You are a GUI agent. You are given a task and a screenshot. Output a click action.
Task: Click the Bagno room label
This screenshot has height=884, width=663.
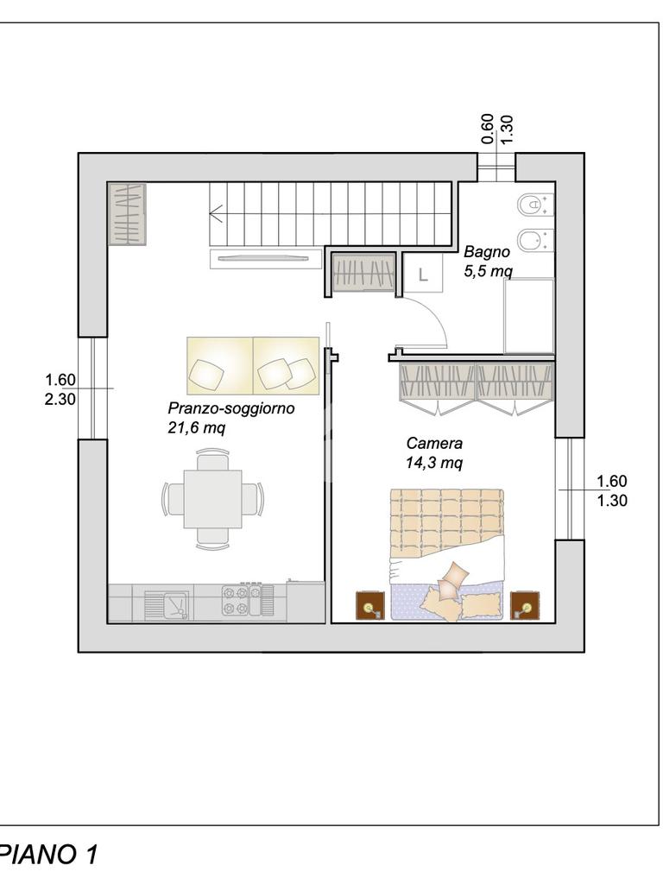pyautogui.click(x=487, y=252)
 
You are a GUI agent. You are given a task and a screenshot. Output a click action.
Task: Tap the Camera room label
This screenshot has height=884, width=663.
pyautogui.click(x=434, y=443)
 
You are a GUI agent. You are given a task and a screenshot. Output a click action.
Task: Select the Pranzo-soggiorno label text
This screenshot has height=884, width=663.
pyautogui.click(x=231, y=407)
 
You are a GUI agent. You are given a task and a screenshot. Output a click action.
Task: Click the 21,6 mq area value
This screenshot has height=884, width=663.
pyautogui.click(x=196, y=428)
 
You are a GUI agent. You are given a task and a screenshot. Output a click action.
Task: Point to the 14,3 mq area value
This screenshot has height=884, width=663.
pyautogui.click(x=434, y=463)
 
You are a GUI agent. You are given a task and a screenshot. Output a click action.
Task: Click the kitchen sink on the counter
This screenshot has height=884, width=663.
pyautogui.click(x=167, y=605)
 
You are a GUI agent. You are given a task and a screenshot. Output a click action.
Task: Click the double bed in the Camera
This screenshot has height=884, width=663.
pyautogui.click(x=445, y=555)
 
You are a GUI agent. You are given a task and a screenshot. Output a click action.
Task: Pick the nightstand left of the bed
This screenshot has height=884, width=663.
pyautogui.click(x=370, y=605)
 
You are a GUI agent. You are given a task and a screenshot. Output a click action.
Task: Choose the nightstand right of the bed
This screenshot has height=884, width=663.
pyautogui.click(x=525, y=605)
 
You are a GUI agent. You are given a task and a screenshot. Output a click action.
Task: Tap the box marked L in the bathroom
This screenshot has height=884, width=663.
pyautogui.click(x=423, y=275)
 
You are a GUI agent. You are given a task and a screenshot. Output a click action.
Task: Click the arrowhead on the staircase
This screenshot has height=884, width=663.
pyautogui.click(x=214, y=214)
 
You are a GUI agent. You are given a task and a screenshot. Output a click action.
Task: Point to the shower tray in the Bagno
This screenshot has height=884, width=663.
pyautogui.click(x=529, y=316)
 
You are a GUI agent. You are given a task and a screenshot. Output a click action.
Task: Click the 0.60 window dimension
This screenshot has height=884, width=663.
pyautogui.click(x=488, y=129)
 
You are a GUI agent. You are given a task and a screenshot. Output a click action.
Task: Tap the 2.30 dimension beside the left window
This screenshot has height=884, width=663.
pyautogui.click(x=60, y=399)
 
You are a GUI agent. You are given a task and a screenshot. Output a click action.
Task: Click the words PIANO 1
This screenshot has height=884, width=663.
pyautogui.click(x=49, y=854)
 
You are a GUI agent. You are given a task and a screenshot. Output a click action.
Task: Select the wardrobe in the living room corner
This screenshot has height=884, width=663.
pyautogui.click(x=127, y=214)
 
